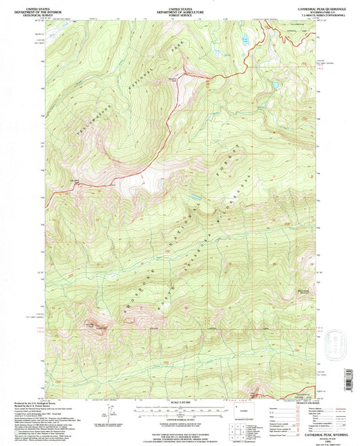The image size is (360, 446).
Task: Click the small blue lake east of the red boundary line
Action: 274,86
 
